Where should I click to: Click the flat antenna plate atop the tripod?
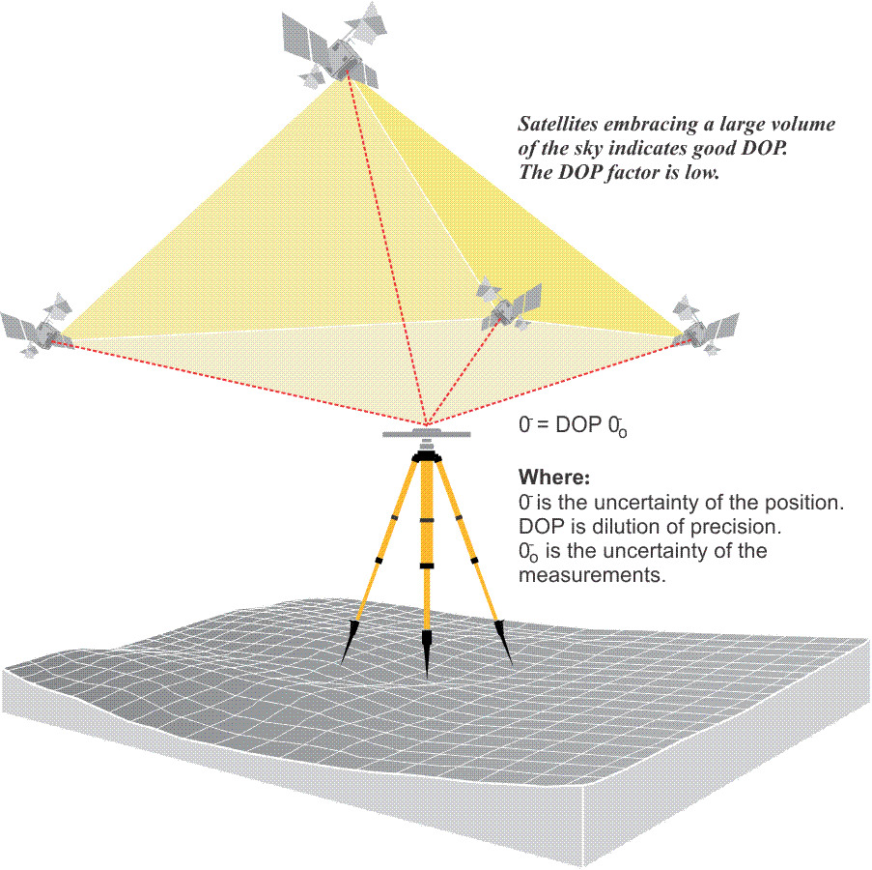pyautogui.click(x=426, y=434)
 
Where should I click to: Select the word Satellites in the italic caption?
pyautogui.click(x=556, y=125)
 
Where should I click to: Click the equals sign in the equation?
pyautogui.click(x=544, y=425)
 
